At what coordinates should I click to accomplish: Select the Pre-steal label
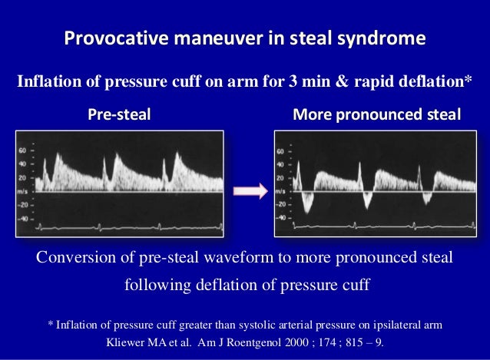[x=119, y=115]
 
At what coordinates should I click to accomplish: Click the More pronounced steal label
[x=377, y=115]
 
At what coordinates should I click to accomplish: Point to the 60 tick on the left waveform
[x=22, y=150]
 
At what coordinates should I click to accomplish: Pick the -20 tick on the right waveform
[x=280, y=205]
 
